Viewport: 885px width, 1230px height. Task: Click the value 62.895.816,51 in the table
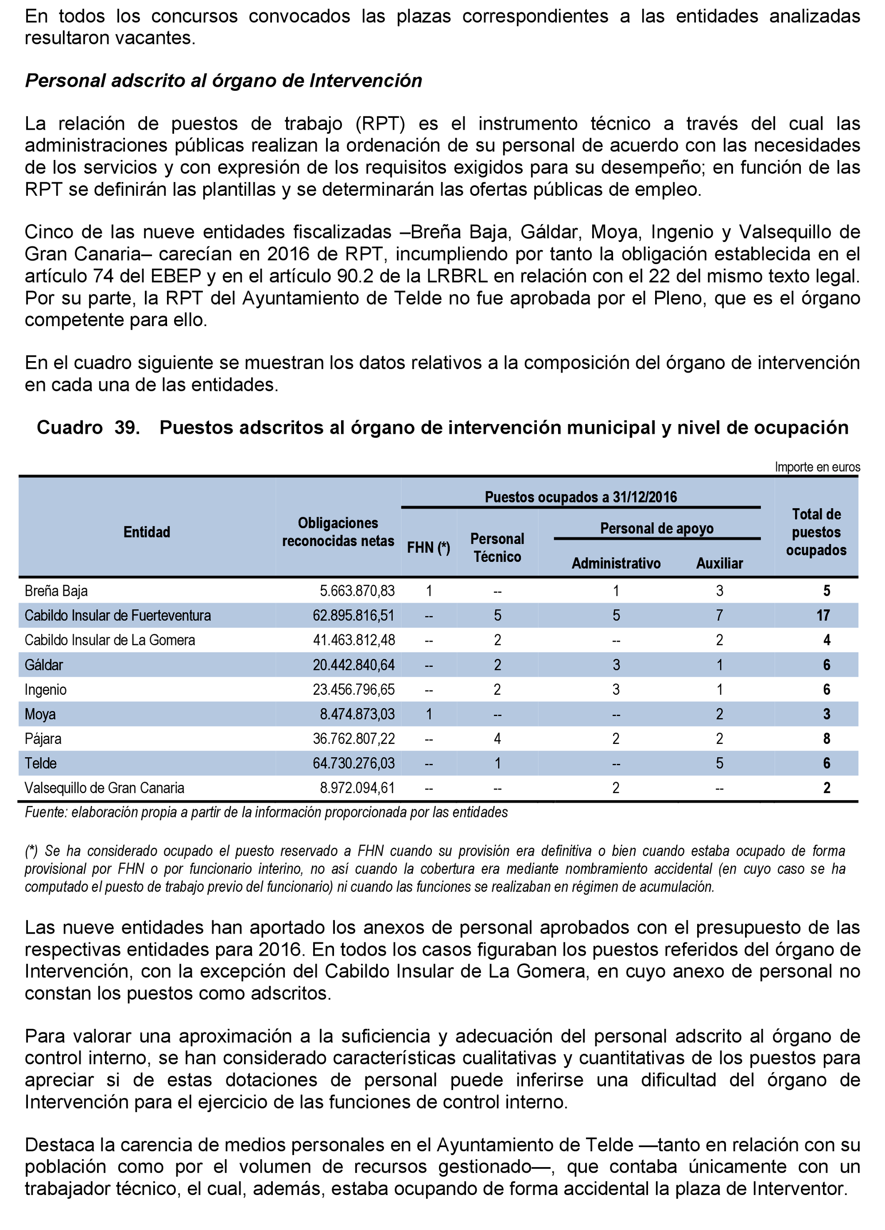click(x=353, y=615)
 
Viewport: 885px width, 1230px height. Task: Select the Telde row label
click(x=41, y=763)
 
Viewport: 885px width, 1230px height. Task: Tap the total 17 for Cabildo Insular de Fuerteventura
click(x=823, y=615)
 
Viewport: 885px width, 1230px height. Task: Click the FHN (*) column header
click(x=428, y=548)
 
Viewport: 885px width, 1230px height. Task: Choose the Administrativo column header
click(x=616, y=564)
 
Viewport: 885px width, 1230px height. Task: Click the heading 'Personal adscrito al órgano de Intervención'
click(x=223, y=81)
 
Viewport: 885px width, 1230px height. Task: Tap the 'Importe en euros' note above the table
click(x=817, y=467)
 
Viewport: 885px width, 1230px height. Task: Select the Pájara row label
click(x=43, y=739)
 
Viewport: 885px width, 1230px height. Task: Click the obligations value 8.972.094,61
click(x=357, y=788)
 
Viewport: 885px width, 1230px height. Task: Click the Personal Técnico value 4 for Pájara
click(x=497, y=739)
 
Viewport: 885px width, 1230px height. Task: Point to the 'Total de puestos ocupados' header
click(x=816, y=532)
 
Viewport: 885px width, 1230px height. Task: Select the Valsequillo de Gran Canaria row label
click(x=105, y=788)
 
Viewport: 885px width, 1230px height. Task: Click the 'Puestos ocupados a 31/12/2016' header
click(x=581, y=497)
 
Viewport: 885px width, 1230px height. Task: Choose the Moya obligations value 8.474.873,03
click(x=357, y=714)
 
